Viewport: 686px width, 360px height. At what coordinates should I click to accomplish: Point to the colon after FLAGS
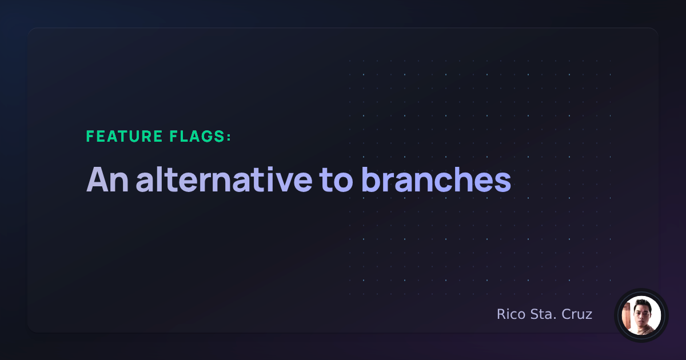229,137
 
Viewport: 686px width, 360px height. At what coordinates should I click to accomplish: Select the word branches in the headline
436,179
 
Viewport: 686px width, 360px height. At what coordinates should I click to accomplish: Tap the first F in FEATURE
90,137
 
